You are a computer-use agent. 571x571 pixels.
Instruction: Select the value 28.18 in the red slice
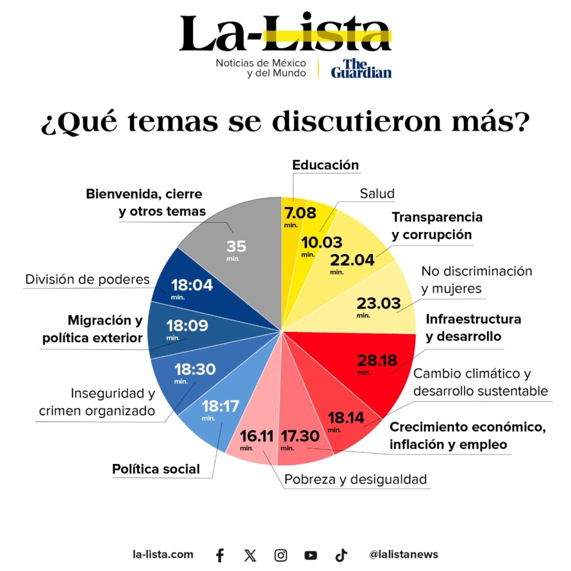click(377, 360)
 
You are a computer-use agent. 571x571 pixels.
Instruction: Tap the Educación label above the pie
click(325, 165)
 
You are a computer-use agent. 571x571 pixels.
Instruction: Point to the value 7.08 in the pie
click(300, 213)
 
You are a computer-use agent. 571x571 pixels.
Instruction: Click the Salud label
click(377, 194)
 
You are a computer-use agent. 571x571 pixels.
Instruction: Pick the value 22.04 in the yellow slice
click(352, 260)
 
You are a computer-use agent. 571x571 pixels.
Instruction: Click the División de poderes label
click(87, 279)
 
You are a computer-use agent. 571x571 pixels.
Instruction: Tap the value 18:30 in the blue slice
click(195, 370)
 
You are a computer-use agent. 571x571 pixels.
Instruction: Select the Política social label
click(156, 469)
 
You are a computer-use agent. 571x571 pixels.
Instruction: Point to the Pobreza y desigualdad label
click(355, 479)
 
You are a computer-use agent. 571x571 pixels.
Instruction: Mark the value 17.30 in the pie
click(300, 436)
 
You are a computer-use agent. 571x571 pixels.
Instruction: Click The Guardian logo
click(361, 69)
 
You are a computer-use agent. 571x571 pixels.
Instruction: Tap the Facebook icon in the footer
click(220, 555)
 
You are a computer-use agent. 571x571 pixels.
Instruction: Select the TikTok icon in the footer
click(341, 555)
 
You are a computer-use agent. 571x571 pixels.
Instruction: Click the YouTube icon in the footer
click(310, 555)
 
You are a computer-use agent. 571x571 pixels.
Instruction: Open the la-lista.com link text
click(163, 554)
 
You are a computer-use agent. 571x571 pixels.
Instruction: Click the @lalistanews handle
click(403, 554)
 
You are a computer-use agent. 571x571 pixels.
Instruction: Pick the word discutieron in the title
click(356, 121)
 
